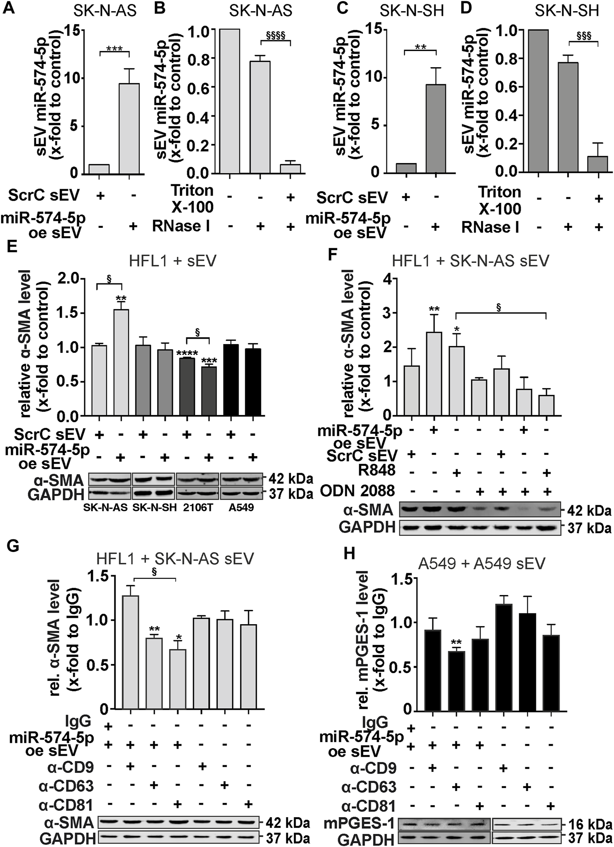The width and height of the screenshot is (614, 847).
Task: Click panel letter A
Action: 9,9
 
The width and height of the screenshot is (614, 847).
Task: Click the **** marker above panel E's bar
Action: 186,354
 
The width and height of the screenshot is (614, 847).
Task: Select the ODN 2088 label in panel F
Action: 364,491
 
